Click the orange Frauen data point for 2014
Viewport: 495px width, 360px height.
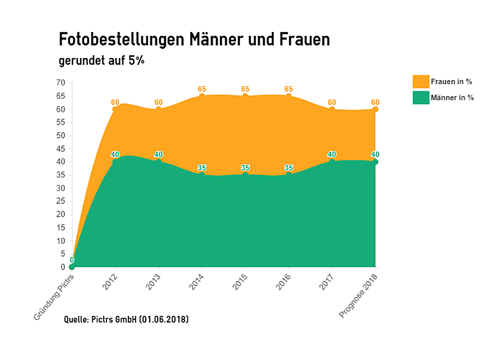click(x=202, y=96)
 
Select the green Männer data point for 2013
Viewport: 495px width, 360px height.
click(x=158, y=161)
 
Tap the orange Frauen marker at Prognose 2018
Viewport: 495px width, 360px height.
click(x=375, y=109)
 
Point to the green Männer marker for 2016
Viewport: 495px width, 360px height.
click(x=289, y=175)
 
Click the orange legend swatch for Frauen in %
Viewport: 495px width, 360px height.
click(x=421, y=81)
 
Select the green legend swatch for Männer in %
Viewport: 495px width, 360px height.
click(x=421, y=98)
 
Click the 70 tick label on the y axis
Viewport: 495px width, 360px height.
click(x=61, y=83)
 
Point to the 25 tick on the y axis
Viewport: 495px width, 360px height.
click(x=61, y=201)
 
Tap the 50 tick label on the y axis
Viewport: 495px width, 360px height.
click(x=61, y=136)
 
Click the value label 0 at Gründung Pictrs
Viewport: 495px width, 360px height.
click(x=72, y=260)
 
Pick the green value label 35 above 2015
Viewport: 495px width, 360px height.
click(x=245, y=168)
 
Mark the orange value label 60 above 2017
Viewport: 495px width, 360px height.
click(x=332, y=102)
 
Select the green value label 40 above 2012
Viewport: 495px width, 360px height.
click(x=115, y=154)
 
